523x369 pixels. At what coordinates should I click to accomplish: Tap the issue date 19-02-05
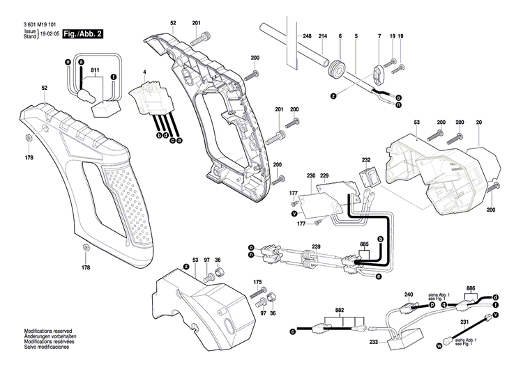coord(48,33)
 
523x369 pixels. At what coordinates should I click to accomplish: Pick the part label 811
coord(95,70)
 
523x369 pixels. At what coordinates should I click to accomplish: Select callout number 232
coord(365,159)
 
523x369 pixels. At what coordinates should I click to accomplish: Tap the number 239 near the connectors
coord(316,246)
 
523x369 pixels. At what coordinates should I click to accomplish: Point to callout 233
coord(375,342)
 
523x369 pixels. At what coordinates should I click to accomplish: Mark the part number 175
coord(257,281)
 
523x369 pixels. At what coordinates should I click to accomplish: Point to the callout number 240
coord(409,295)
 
